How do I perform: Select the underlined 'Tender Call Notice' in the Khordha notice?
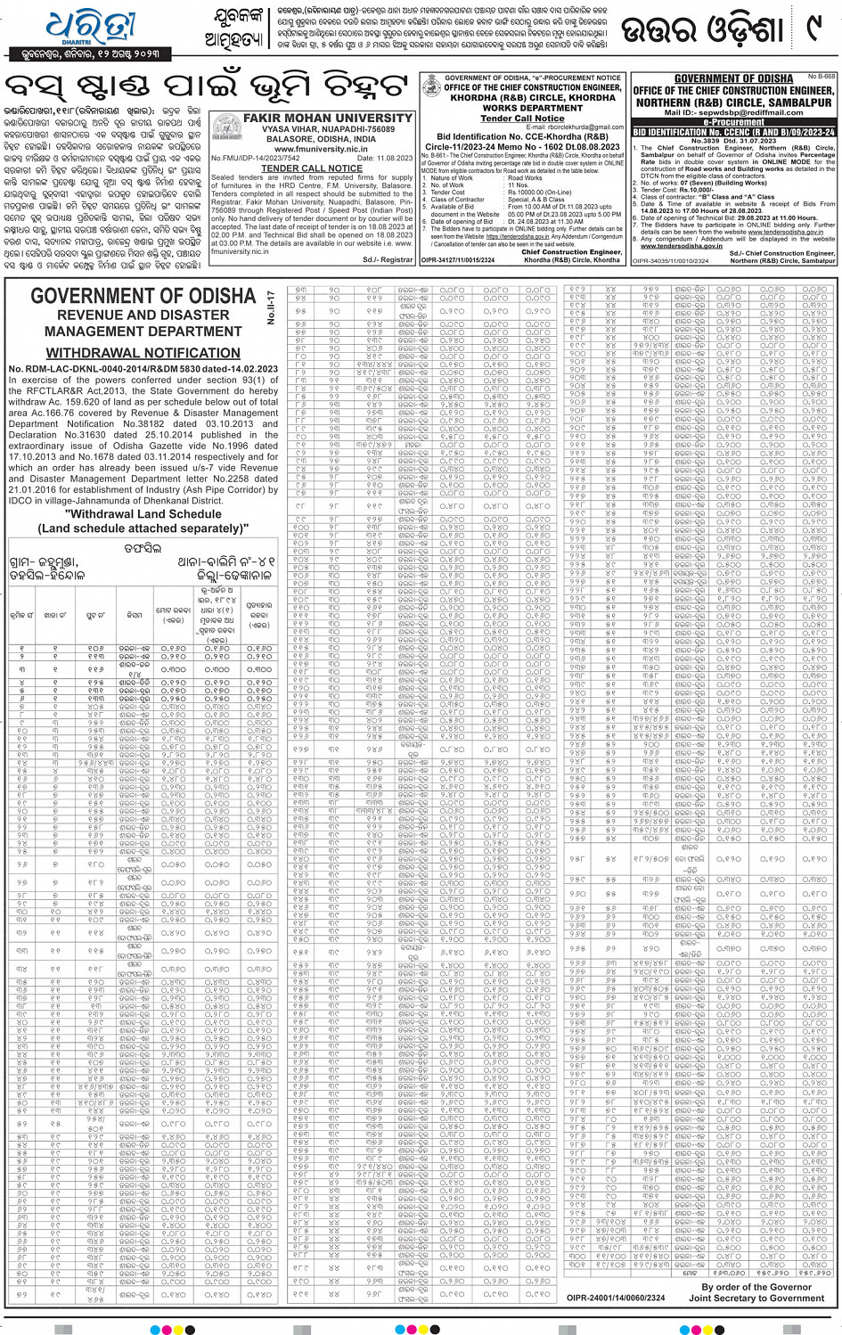tap(522, 118)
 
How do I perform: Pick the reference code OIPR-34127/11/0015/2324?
tap(457, 260)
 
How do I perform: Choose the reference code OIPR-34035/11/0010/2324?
tap(671, 260)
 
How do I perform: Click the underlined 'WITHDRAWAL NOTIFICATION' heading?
tap(143, 353)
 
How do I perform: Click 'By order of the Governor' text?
tap(756, 1287)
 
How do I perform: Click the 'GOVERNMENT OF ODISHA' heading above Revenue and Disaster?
tap(143, 296)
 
